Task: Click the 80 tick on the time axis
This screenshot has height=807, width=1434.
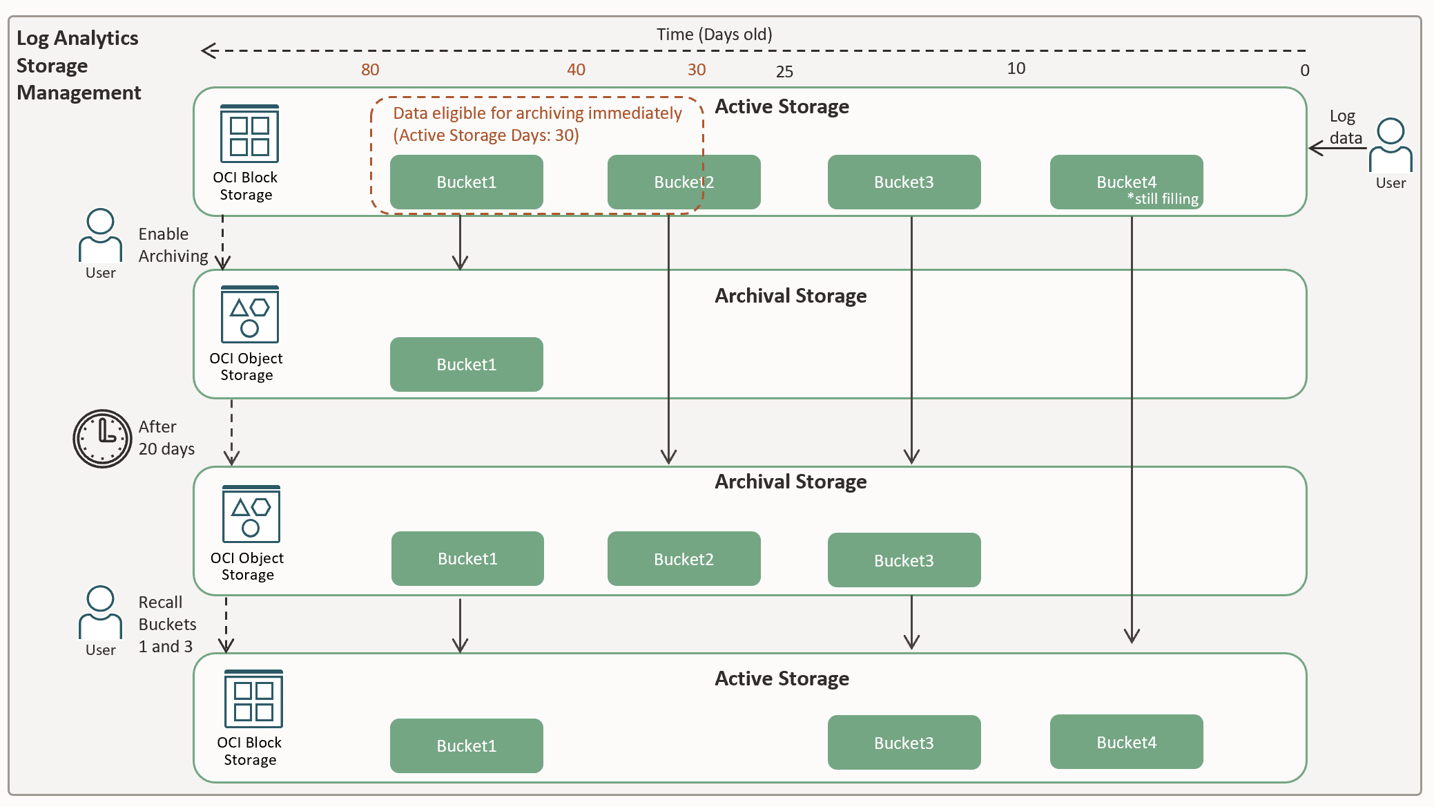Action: [370, 70]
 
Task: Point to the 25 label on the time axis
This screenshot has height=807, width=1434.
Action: [784, 72]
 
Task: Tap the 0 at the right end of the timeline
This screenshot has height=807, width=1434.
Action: [1304, 70]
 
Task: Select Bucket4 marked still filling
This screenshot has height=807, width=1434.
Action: [1126, 182]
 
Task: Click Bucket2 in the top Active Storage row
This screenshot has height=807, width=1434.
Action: [684, 182]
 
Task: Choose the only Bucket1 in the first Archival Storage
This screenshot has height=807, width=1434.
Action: [466, 365]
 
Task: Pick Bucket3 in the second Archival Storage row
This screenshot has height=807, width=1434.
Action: [904, 560]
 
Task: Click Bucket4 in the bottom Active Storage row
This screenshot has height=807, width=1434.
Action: [1126, 743]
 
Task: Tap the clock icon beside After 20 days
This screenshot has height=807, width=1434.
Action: [102, 439]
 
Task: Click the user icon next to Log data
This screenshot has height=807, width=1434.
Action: [1391, 146]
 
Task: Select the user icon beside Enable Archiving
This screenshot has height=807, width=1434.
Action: [100, 236]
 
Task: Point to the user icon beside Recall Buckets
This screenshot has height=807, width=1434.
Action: [100, 613]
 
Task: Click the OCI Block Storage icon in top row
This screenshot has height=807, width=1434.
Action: [249, 134]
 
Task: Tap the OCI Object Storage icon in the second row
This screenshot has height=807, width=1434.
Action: [249, 315]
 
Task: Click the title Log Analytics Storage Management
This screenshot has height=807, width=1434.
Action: [78, 66]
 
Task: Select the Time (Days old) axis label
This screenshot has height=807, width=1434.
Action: [714, 35]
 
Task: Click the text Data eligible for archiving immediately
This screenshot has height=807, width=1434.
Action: [537, 113]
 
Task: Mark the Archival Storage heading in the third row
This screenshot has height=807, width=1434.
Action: [790, 482]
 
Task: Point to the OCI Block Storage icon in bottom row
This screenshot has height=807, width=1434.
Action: [253, 699]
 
